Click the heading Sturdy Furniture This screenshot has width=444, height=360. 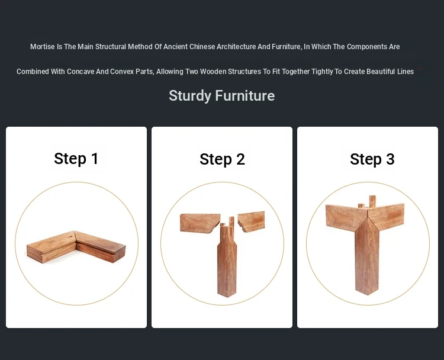222,96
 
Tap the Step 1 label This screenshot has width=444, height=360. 76,159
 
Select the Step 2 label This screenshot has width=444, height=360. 222,159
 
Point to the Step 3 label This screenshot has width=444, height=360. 372,159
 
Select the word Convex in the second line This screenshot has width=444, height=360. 122,72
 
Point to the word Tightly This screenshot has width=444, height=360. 322,72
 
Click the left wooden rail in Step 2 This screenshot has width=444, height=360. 200,223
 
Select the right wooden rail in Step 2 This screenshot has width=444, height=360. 251,221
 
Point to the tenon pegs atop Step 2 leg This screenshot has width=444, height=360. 227,223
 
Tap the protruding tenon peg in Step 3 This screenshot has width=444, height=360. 372,201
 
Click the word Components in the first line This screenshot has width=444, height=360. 366,47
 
